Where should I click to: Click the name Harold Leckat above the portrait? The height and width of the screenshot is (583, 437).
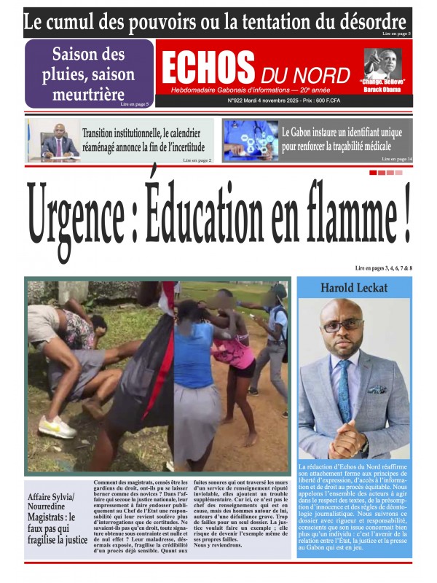[x=354, y=288]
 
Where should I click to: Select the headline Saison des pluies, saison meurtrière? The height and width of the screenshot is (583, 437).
[x=92, y=74]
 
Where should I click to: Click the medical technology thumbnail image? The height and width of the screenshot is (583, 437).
[x=250, y=141]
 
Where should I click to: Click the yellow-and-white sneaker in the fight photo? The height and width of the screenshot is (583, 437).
[x=58, y=425]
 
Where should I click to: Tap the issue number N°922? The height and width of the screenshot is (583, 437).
[x=240, y=101]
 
